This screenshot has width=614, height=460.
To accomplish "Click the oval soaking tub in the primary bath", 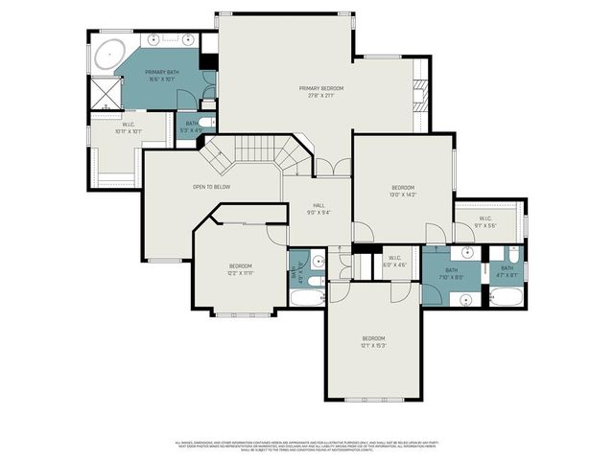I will pyautogui.click(x=108, y=52).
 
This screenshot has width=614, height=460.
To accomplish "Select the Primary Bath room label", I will pyautogui.click(x=160, y=75).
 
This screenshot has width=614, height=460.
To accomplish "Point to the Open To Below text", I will pyautogui.click(x=209, y=186).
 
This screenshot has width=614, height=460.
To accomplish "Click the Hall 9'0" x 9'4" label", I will pyautogui.click(x=319, y=210).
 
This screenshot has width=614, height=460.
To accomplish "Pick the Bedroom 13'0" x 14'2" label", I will pyautogui.click(x=403, y=191).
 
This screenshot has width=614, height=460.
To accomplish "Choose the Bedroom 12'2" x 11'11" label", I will pyautogui.click(x=240, y=268).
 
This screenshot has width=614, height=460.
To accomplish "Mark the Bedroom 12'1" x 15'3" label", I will pyautogui.click(x=373, y=341).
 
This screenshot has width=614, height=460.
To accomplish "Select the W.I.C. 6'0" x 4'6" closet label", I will pyautogui.click(x=396, y=261).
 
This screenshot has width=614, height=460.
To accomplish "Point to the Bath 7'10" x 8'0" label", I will pyautogui.click(x=451, y=273).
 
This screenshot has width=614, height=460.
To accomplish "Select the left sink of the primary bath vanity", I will pyautogui.click(x=153, y=40).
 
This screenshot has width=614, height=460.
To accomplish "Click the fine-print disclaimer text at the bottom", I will pyautogui.click(x=307, y=446).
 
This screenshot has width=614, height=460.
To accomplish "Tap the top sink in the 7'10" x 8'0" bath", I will pyautogui.click(x=467, y=253).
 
